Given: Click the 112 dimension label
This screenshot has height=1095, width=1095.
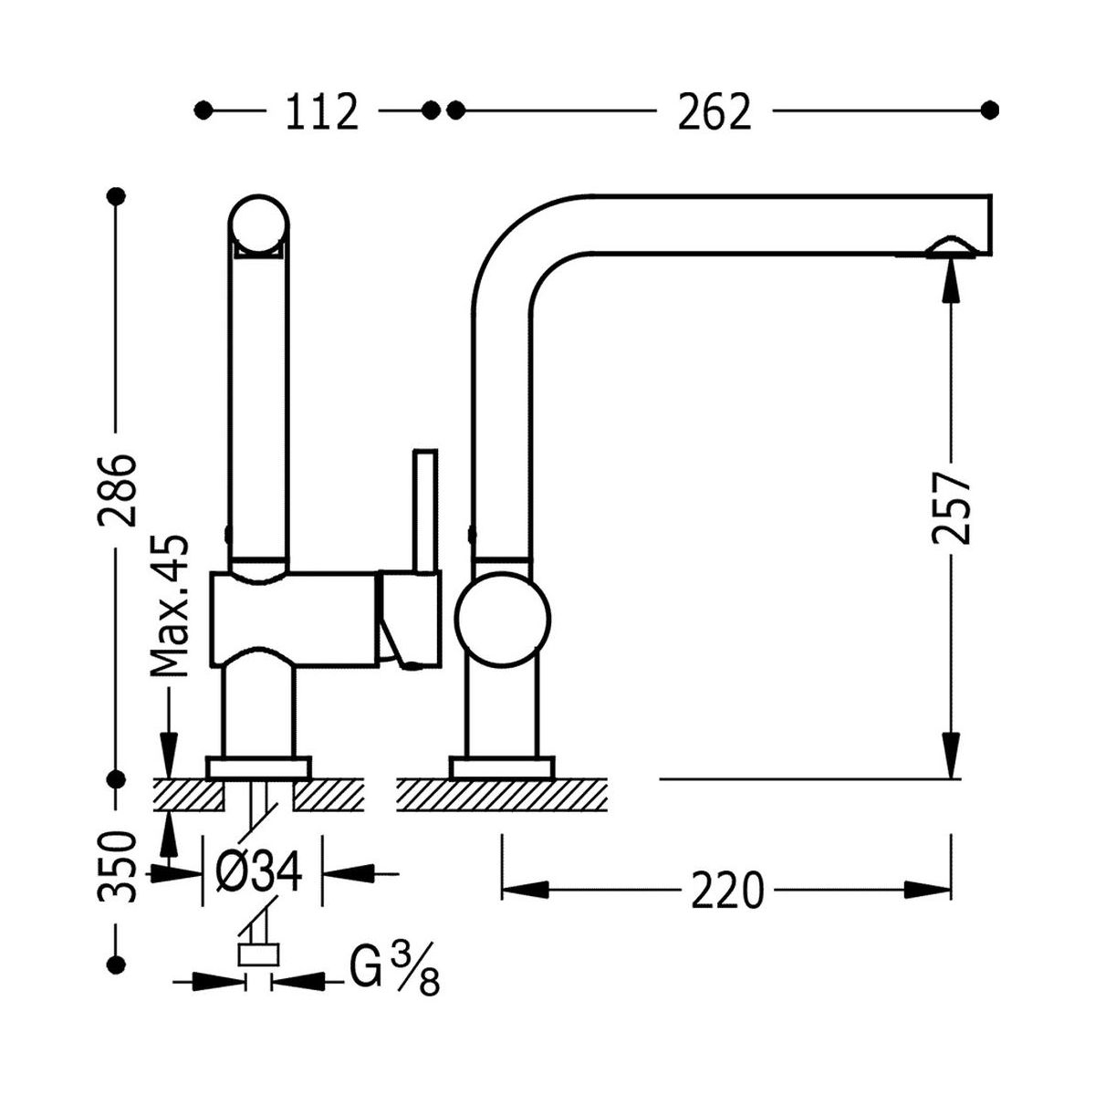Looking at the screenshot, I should coord(321,111).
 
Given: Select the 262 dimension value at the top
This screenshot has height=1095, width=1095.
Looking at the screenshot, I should coord(714,111).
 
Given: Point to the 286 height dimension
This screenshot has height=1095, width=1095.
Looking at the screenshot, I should coord(119,489).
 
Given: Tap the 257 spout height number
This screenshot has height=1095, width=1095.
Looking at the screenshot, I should coord(951,507).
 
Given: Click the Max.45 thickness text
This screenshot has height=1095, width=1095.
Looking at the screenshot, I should coord(171,607).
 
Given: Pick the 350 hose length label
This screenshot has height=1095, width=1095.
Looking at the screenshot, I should coord(119,867).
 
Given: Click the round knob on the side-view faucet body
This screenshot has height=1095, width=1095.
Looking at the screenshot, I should coord(504,618).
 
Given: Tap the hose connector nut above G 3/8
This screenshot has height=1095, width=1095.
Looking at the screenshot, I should coord(257,955).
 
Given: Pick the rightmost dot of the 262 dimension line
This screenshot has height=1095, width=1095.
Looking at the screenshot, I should coord(990,110).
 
